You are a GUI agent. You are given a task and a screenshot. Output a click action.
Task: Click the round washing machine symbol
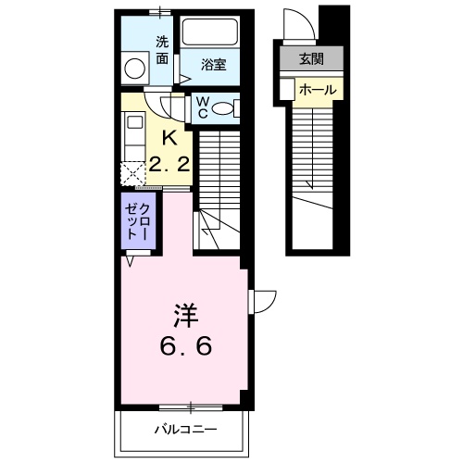136,69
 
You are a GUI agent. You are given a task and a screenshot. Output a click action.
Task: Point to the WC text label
200,107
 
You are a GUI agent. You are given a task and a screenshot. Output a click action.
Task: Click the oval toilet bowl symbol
223,108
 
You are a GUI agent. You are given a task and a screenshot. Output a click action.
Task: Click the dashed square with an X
132,172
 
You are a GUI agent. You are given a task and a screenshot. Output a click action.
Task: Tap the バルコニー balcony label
185,430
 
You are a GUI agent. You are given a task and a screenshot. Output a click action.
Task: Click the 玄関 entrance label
307,60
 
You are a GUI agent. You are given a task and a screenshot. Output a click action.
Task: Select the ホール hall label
318,89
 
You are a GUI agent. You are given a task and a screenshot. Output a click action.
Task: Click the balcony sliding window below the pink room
190,406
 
